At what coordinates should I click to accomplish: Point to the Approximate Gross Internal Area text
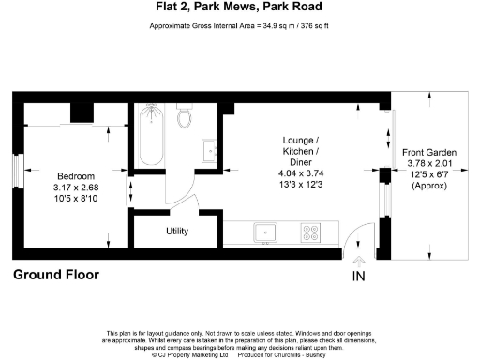tap(239, 26)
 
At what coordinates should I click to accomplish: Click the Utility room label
tap(177, 231)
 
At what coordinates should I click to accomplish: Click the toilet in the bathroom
tap(185, 116)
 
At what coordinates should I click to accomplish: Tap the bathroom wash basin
tap(210, 150)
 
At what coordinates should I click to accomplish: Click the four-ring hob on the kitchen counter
tap(309, 231)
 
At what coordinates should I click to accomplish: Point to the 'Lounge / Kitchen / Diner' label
tap(301, 151)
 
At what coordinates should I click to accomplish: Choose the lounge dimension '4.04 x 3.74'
tap(301, 173)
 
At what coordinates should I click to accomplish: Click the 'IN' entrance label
tap(359, 277)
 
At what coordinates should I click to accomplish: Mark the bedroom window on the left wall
tap(16, 172)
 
